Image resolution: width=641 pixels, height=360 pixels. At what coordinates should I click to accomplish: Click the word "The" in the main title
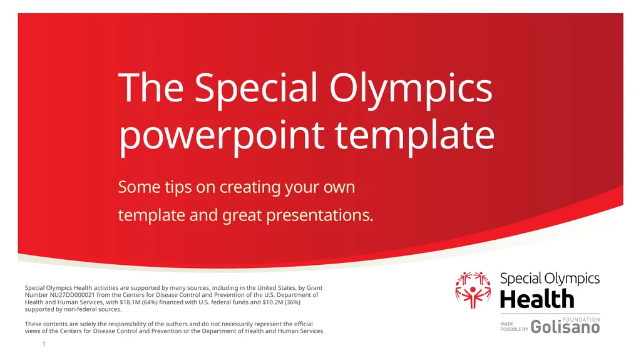point(151,88)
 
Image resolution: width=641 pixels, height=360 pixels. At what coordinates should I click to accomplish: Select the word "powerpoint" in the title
point(222,136)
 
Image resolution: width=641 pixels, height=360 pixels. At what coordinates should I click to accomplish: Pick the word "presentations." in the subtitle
point(320,215)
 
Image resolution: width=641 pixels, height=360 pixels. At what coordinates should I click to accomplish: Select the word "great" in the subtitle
point(242,216)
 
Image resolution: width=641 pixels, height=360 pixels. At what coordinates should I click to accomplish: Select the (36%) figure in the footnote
point(293,302)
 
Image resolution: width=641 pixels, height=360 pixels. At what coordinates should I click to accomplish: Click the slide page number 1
point(44,344)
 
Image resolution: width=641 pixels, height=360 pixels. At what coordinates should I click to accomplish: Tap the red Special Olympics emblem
point(473,290)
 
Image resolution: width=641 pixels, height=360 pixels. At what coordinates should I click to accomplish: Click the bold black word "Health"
point(537,299)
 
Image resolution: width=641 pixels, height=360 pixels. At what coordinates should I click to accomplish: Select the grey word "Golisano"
point(565,327)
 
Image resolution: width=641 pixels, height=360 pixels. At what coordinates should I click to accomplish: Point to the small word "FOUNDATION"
point(581,320)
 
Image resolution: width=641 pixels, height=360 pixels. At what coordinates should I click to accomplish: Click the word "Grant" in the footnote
point(314,288)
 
